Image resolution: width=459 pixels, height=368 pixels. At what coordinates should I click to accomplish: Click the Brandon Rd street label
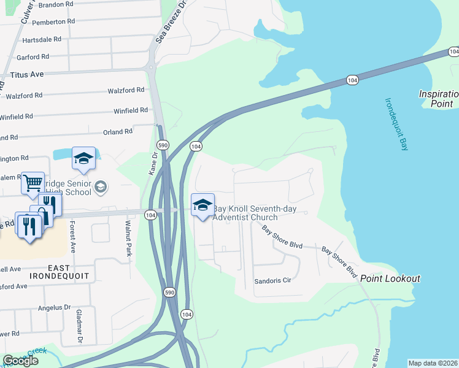[56, 4]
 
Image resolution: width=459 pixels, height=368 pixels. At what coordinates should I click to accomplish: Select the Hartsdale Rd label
[42, 39]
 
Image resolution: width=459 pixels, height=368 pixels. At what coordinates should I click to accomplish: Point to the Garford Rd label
[34, 57]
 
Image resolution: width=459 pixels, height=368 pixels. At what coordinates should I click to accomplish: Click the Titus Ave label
[27, 74]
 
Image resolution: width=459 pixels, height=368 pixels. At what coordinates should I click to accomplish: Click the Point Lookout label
[390, 279]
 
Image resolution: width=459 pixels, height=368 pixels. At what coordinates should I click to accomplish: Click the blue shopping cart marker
[33, 182]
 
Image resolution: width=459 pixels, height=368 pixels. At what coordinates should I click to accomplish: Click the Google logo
[20, 361]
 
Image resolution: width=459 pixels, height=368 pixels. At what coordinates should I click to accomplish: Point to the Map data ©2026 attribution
[433, 363]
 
